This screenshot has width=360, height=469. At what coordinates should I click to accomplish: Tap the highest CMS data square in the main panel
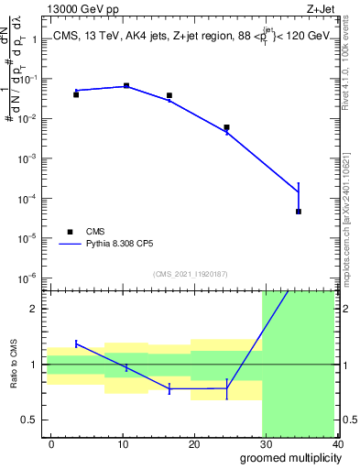pyautogui.click(x=126, y=85)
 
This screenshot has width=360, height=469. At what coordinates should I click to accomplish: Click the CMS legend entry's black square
pyautogui.click(x=69, y=232)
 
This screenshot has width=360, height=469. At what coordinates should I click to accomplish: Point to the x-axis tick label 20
pyautogui.click(x=194, y=443)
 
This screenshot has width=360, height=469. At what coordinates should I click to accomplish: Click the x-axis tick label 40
pyautogui.click(x=337, y=443)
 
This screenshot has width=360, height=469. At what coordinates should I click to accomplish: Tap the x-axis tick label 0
pyautogui.click(x=51, y=443)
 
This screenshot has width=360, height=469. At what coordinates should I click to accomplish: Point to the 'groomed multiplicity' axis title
pyautogui.click(x=288, y=457)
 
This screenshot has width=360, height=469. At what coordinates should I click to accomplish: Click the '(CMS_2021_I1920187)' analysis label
pyautogui.click(x=191, y=274)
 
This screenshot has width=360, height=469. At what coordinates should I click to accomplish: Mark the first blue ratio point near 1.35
pyautogui.click(x=76, y=344)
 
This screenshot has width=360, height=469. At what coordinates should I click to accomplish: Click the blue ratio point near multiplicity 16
pyautogui.click(x=169, y=389)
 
